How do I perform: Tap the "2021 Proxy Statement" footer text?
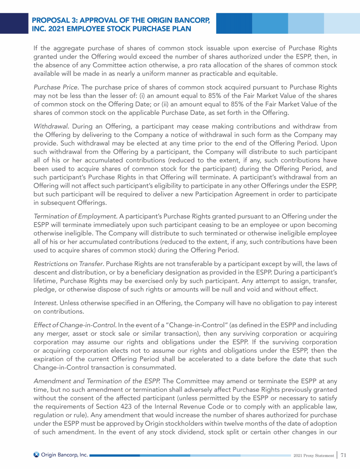click(313, 455)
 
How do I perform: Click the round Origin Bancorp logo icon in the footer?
click(36, 454)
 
